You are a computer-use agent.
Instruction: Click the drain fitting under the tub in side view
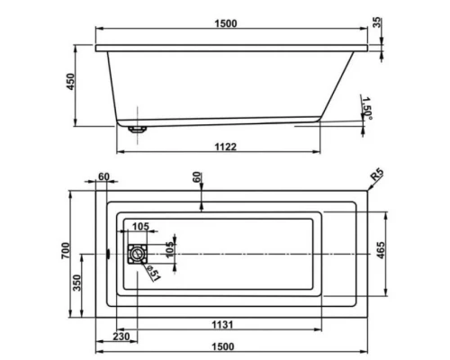coord(136,128)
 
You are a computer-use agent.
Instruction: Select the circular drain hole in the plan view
coord(136,255)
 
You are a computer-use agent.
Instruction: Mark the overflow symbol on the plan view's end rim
coord(106,253)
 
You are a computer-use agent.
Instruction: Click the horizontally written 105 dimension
coord(141,226)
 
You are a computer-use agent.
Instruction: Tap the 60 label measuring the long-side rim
coord(198,177)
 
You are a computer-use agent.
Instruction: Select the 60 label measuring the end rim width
coord(103,177)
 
